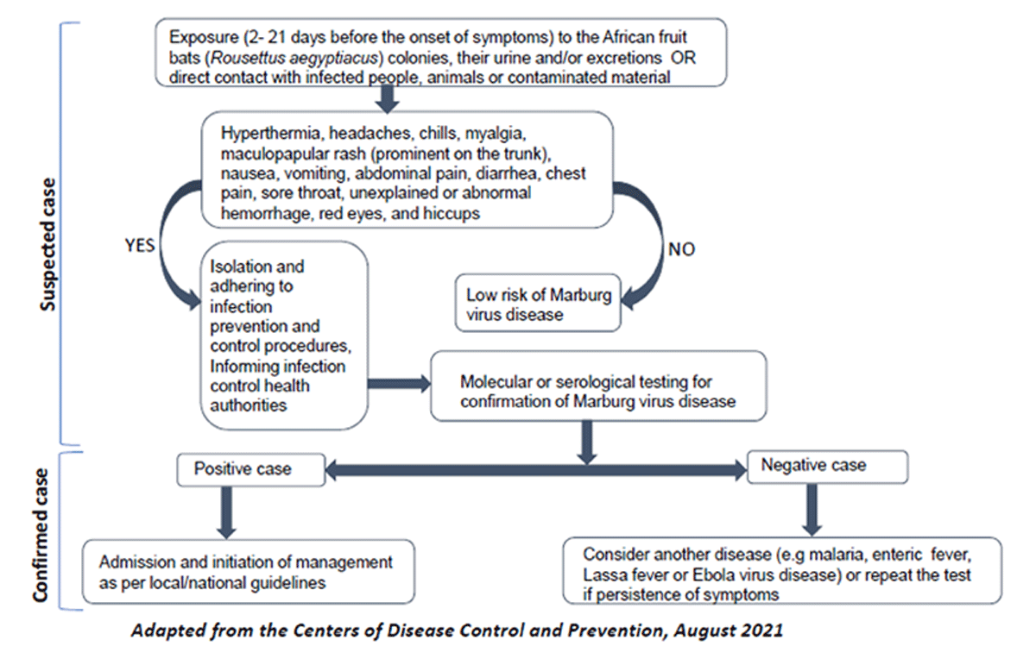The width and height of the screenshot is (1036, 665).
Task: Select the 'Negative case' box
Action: [x=826, y=466]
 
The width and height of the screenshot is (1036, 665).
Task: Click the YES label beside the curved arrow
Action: [x=140, y=245]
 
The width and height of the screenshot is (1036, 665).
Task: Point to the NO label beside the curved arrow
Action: [x=681, y=250]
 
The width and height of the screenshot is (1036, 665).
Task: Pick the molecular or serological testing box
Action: [x=597, y=391]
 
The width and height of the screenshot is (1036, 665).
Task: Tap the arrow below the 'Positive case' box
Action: [x=226, y=511]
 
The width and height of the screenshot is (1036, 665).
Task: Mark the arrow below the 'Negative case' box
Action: [x=811, y=509]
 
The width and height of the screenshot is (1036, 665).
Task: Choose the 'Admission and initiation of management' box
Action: [x=248, y=571]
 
